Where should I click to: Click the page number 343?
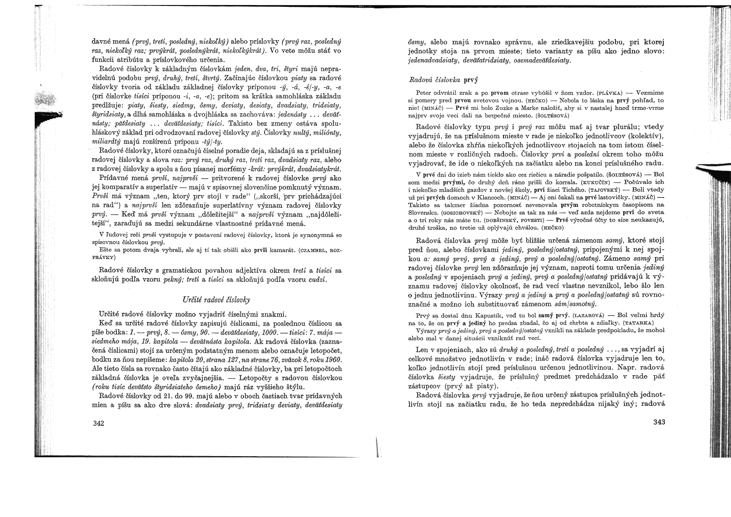[659, 422]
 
